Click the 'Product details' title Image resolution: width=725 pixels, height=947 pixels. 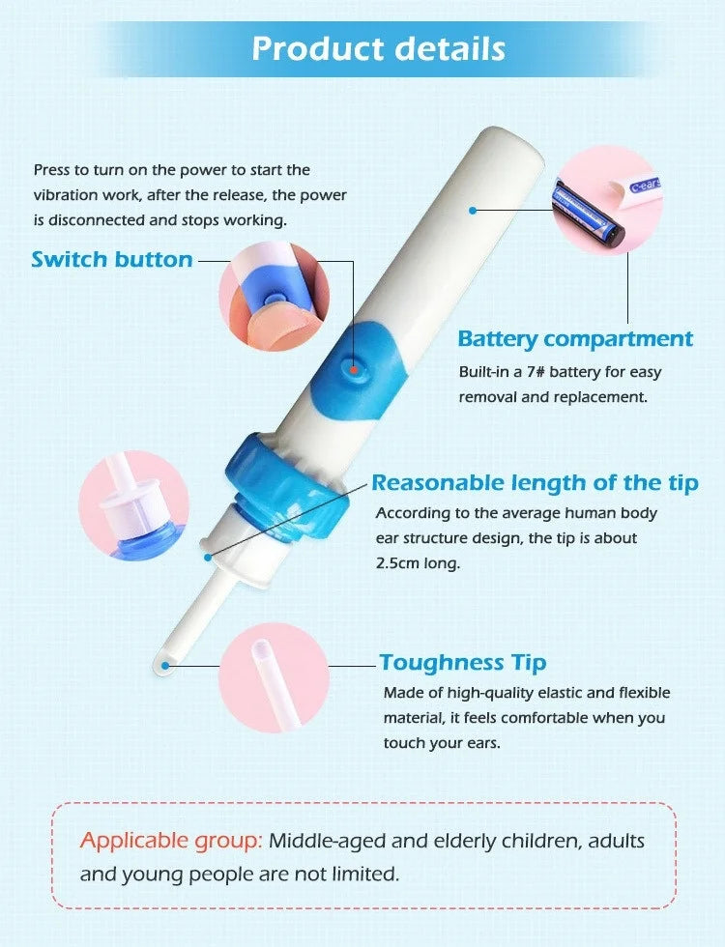click(x=378, y=48)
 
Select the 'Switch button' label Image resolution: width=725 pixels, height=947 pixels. click(x=112, y=259)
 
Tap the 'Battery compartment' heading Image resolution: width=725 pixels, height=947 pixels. click(x=575, y=339)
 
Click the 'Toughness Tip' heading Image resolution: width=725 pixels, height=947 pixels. click(x=463, y=662)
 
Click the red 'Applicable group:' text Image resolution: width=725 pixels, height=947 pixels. click(x=171, y=841)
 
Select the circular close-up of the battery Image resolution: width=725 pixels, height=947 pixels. click(x=606, y=202)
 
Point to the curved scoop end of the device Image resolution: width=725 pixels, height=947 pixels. click(x=164, y=664)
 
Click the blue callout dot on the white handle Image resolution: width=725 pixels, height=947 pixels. click(x=473, y=209)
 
